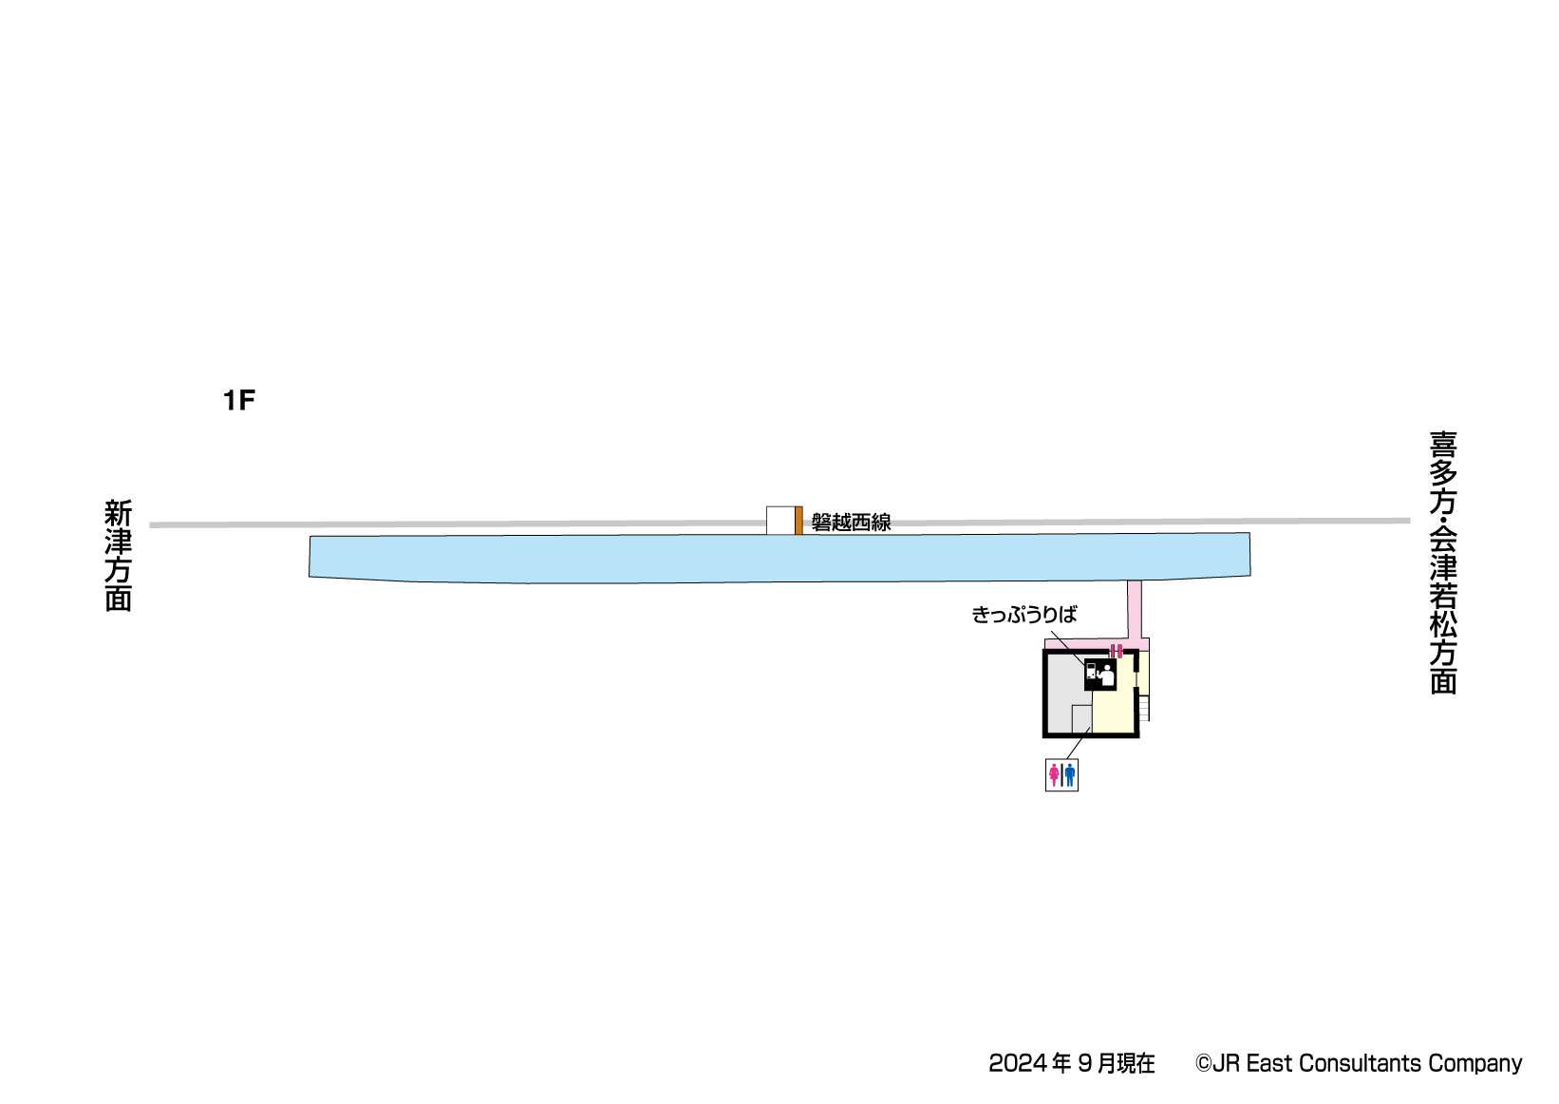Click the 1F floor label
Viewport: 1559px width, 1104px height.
[x=239, y=401]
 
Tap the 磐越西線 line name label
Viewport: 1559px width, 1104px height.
[x=851, y=522]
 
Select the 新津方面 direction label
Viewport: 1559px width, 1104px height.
[x=118, y=555]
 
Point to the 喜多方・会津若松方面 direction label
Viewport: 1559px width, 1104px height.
[x=1442, y=562]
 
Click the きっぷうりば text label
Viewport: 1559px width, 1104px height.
[x=1024, y=615]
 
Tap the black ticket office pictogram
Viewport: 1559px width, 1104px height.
[x=1099, y=674]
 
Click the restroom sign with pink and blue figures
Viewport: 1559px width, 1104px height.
[x=1061, y=775]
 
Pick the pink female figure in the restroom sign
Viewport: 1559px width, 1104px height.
[x=1054, y=775]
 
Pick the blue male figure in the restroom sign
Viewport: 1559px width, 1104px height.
[x=1069, y=775]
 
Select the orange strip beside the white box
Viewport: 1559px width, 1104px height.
[x=798, y=521]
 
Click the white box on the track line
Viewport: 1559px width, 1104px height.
[x=779, y=521]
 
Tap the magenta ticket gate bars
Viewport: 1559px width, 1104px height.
[x=1117, y=651]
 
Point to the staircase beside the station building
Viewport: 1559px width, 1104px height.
[x=1144, y=708]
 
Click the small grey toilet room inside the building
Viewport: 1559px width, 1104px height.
[x=1081, y=718]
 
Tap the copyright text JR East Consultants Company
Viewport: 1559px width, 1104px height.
[x=1358, y=1063]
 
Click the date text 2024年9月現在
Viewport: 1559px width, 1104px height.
[x=1071, y=1063]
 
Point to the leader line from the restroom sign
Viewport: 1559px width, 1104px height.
[x=1078, y=744]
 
